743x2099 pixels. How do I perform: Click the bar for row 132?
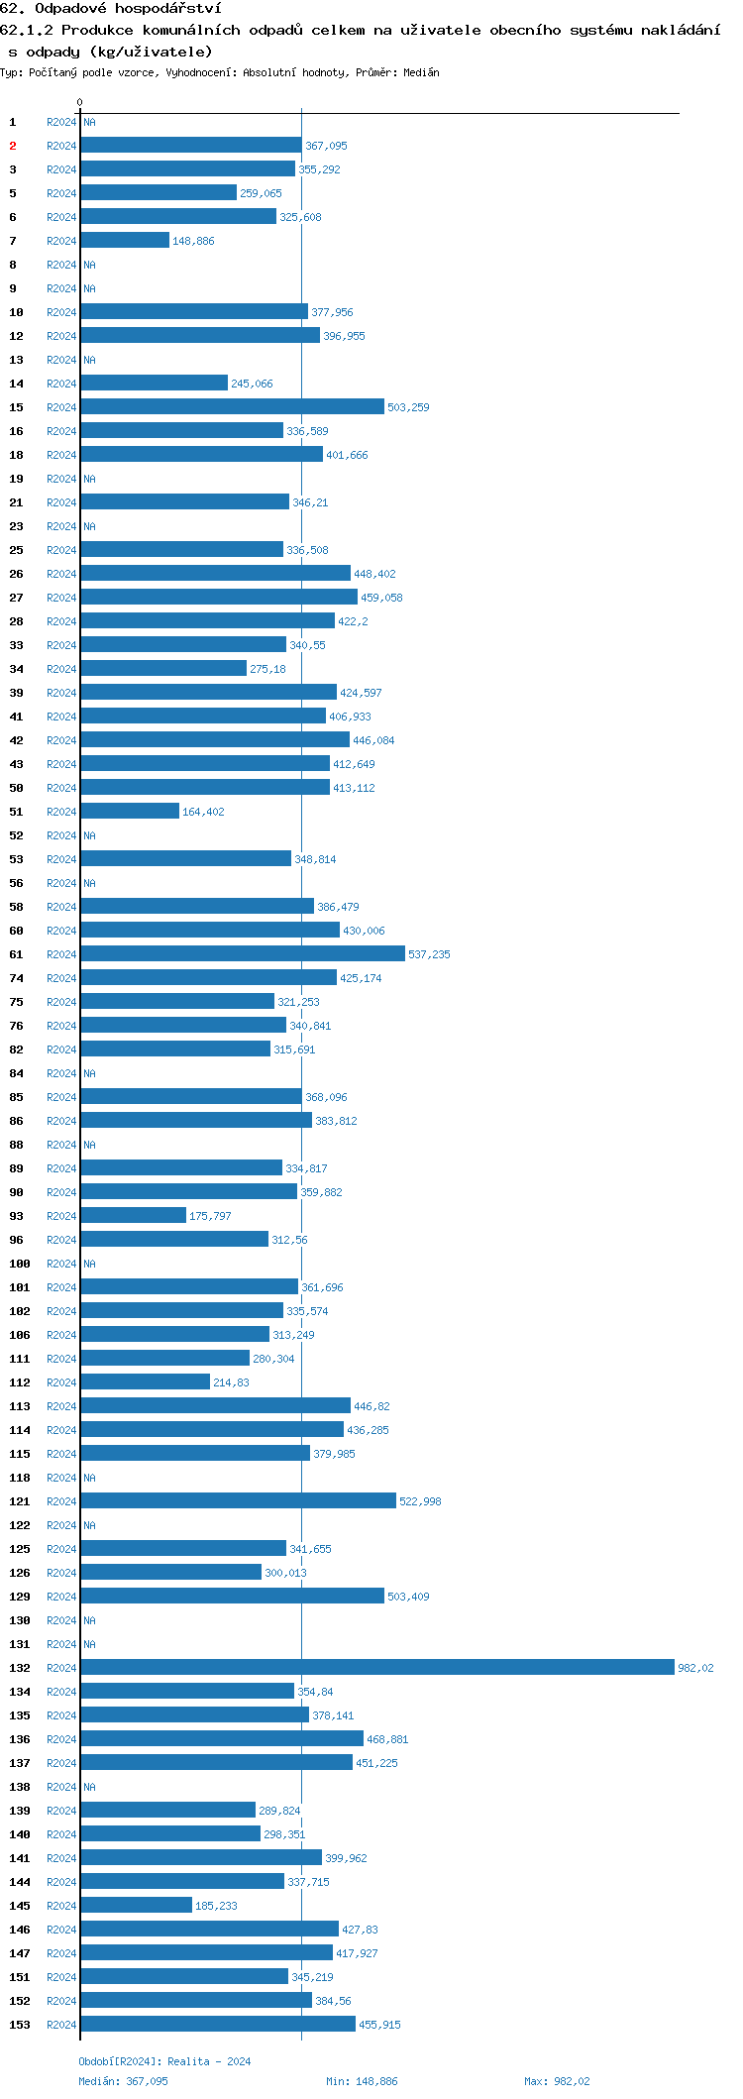click(376, 1668)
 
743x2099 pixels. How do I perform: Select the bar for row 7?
click(125, 241)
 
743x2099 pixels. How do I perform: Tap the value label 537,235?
click(429, 954)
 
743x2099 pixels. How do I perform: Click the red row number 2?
click(13, 146)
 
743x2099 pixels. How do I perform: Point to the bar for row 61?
click(243, 954)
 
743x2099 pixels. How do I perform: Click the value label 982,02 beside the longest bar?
click(694, 1668)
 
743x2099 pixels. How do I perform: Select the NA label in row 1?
click(89, 122)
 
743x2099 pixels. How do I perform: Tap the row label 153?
click(20, 2025)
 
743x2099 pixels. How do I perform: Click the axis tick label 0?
click(80, 102)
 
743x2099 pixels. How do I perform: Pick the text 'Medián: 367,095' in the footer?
click(123, 2081)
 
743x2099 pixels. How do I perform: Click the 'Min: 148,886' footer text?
click(362, 2081)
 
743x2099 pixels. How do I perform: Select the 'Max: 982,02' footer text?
click(557, 2081)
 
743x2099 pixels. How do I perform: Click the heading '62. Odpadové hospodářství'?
click(110, 9)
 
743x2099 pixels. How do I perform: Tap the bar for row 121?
click(238, 1501)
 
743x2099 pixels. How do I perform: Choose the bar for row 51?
click(130, 812)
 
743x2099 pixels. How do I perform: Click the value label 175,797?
click(210, 1216)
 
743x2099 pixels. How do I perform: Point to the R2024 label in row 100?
click(61, 1264)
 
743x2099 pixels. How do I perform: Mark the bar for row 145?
click(136, 1906)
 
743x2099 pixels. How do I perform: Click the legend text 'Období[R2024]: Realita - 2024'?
click(164, 2061)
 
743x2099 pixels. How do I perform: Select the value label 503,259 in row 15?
click(408, 407)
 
